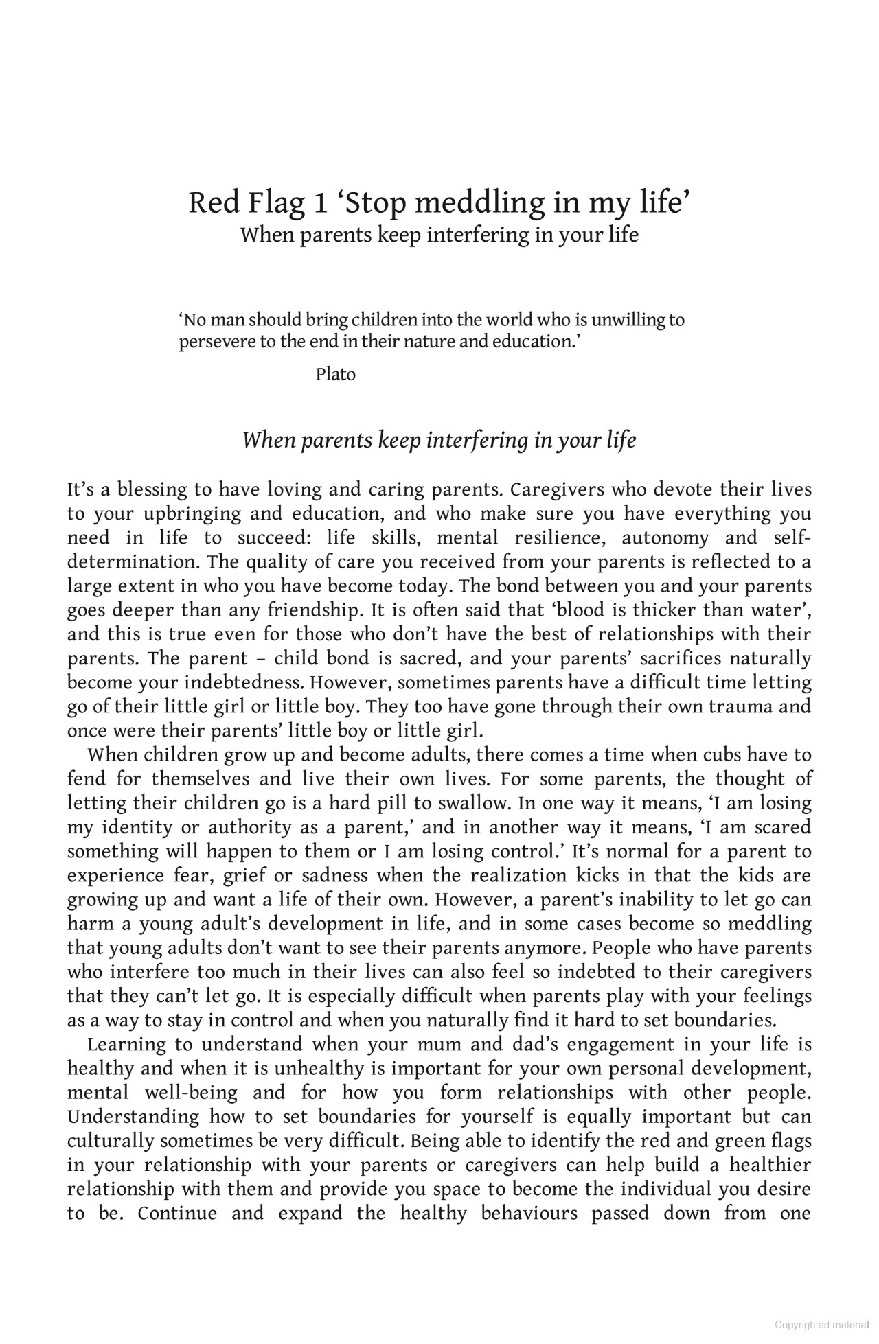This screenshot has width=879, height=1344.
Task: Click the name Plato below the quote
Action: (335, 375)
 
